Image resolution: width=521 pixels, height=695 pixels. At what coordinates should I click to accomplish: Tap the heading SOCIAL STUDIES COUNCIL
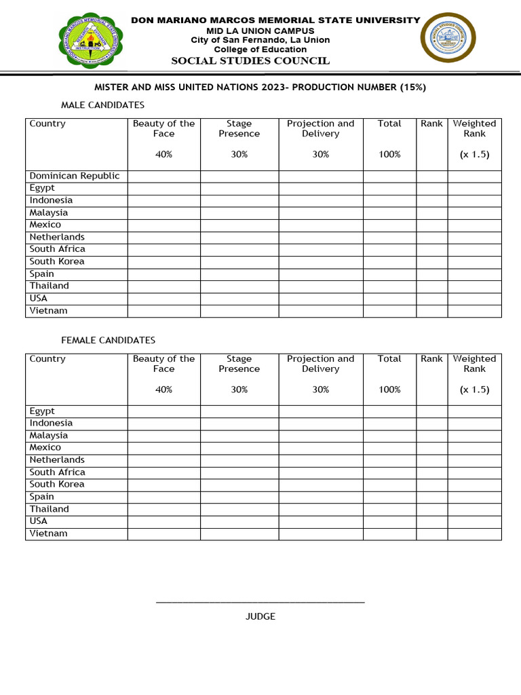coord(250,61)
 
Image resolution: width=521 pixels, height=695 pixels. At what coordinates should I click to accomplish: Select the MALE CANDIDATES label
coord(102,105)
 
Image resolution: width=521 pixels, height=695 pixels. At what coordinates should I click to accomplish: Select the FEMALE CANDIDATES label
coord(108,340)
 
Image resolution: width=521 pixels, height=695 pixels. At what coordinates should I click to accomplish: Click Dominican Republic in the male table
coord(75,176)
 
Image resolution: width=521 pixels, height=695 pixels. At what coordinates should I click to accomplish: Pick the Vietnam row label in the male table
coord(49,311)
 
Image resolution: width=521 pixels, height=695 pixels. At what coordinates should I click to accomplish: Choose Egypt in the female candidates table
coord(42,411)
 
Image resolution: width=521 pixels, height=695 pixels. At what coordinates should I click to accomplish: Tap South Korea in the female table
coord(57,484)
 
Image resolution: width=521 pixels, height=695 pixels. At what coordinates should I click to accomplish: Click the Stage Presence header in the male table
coord(239,128)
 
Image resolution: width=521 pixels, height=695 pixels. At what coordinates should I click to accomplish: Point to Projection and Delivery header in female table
coord(320,364)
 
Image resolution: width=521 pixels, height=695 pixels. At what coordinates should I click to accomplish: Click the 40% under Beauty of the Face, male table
coord(163,155)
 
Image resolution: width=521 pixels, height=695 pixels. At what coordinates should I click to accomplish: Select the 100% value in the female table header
coord(389,390)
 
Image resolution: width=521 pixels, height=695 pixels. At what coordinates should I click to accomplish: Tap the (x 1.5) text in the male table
coord(474,155)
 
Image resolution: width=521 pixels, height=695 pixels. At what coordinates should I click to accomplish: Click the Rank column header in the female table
coord(431,358)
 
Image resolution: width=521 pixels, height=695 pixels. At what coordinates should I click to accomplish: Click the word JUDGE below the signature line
coord(260,616)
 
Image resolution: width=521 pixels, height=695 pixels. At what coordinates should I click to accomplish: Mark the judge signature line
coord(260,602)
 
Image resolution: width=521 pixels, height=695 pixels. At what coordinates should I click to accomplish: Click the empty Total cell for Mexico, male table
coord(389,225)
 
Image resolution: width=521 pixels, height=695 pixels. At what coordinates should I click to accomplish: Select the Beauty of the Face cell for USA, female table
coord(163,521)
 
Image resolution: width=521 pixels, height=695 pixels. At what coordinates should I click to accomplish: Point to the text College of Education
coord(260,50)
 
